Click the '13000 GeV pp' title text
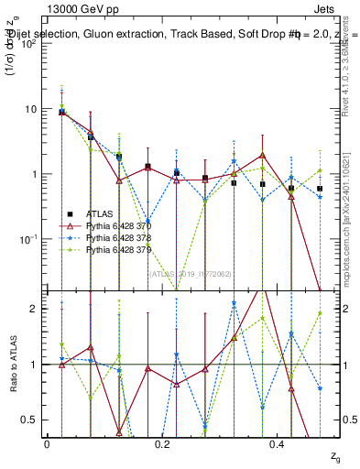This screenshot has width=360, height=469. [85, 11]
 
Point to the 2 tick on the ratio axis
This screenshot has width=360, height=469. [36, 309]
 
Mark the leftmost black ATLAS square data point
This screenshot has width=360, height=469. [61, 112]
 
